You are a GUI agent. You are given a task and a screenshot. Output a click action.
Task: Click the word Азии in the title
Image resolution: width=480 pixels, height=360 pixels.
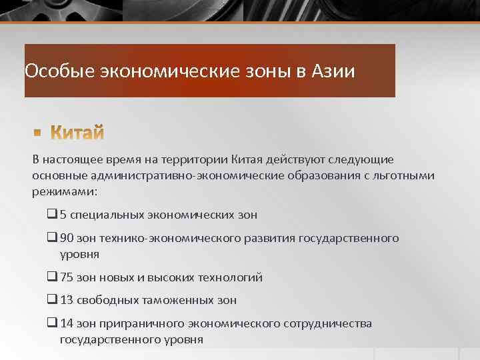[x=333, y=70]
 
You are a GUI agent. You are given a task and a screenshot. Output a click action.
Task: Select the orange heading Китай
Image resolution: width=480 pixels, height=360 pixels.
[x=78, y=133]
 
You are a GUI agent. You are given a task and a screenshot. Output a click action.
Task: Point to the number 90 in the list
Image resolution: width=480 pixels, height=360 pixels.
[x=67, y=238]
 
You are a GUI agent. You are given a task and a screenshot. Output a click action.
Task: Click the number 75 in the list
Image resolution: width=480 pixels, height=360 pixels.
[x=67, y=277]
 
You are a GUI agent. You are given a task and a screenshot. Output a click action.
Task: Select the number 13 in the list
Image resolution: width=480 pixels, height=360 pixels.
[x=67, y=300]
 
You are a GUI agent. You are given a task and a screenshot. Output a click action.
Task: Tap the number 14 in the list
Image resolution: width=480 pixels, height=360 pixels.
[x=67, y=323]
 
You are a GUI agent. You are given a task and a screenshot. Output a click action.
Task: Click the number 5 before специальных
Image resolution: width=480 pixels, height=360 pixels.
[x=63, y=215]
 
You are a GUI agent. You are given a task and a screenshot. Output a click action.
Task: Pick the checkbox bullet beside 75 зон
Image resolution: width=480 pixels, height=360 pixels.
[x=52, y=277]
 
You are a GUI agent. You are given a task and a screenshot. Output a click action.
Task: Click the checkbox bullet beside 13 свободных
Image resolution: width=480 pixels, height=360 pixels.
[x=52, y=300]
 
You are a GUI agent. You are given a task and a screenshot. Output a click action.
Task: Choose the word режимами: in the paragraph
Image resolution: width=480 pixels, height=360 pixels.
[x=64, y=191]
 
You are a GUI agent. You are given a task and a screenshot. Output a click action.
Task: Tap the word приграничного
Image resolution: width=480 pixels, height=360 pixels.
[x=134, y=323]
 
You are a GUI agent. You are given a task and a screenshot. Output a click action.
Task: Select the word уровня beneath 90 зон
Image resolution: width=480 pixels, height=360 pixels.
[x=80, y=253]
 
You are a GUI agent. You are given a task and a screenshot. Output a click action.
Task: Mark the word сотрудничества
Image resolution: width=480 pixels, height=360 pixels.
[x=327, y=323]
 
